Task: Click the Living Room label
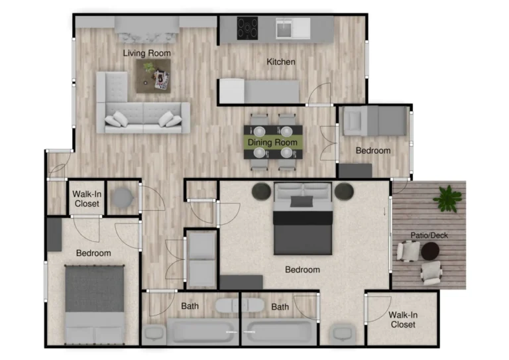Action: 146,53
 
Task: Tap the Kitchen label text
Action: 281,62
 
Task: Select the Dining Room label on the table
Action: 272,143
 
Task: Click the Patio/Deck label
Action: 429,235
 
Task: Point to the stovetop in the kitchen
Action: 247,29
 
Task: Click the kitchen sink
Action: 284,29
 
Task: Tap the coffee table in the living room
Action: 153,76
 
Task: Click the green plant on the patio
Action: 447,199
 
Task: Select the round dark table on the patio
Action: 430,251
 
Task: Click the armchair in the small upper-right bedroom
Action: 353,121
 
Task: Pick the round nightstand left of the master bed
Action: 261,192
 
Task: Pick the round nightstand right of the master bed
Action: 344,192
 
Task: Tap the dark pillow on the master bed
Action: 302,202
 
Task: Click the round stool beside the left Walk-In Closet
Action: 122,198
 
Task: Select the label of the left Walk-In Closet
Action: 87,199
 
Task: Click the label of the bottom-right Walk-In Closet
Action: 403,320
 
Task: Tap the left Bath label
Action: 190,306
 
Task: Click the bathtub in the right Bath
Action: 279,331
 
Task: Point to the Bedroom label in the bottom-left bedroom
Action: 93,253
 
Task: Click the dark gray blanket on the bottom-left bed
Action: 95,289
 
